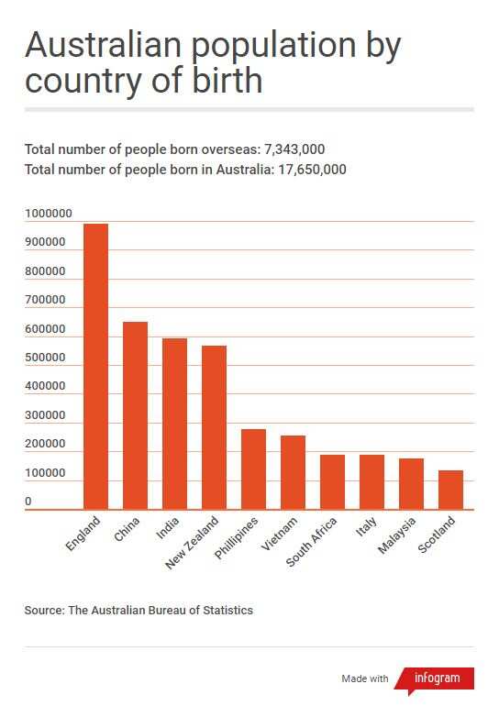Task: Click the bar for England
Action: (95, 367)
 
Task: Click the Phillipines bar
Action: (253, 469)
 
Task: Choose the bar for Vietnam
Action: (293, 472)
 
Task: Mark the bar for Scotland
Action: (450, 490)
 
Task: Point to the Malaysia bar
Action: (411, 483)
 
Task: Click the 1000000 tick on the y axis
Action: (48, 214)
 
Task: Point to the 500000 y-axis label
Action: (45, 358)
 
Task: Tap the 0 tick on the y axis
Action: (28, 502)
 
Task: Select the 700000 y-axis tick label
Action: (45, 300)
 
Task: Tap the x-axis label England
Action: (82, 535)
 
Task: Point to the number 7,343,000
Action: (294, 149)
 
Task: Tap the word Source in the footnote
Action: (43, 610)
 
